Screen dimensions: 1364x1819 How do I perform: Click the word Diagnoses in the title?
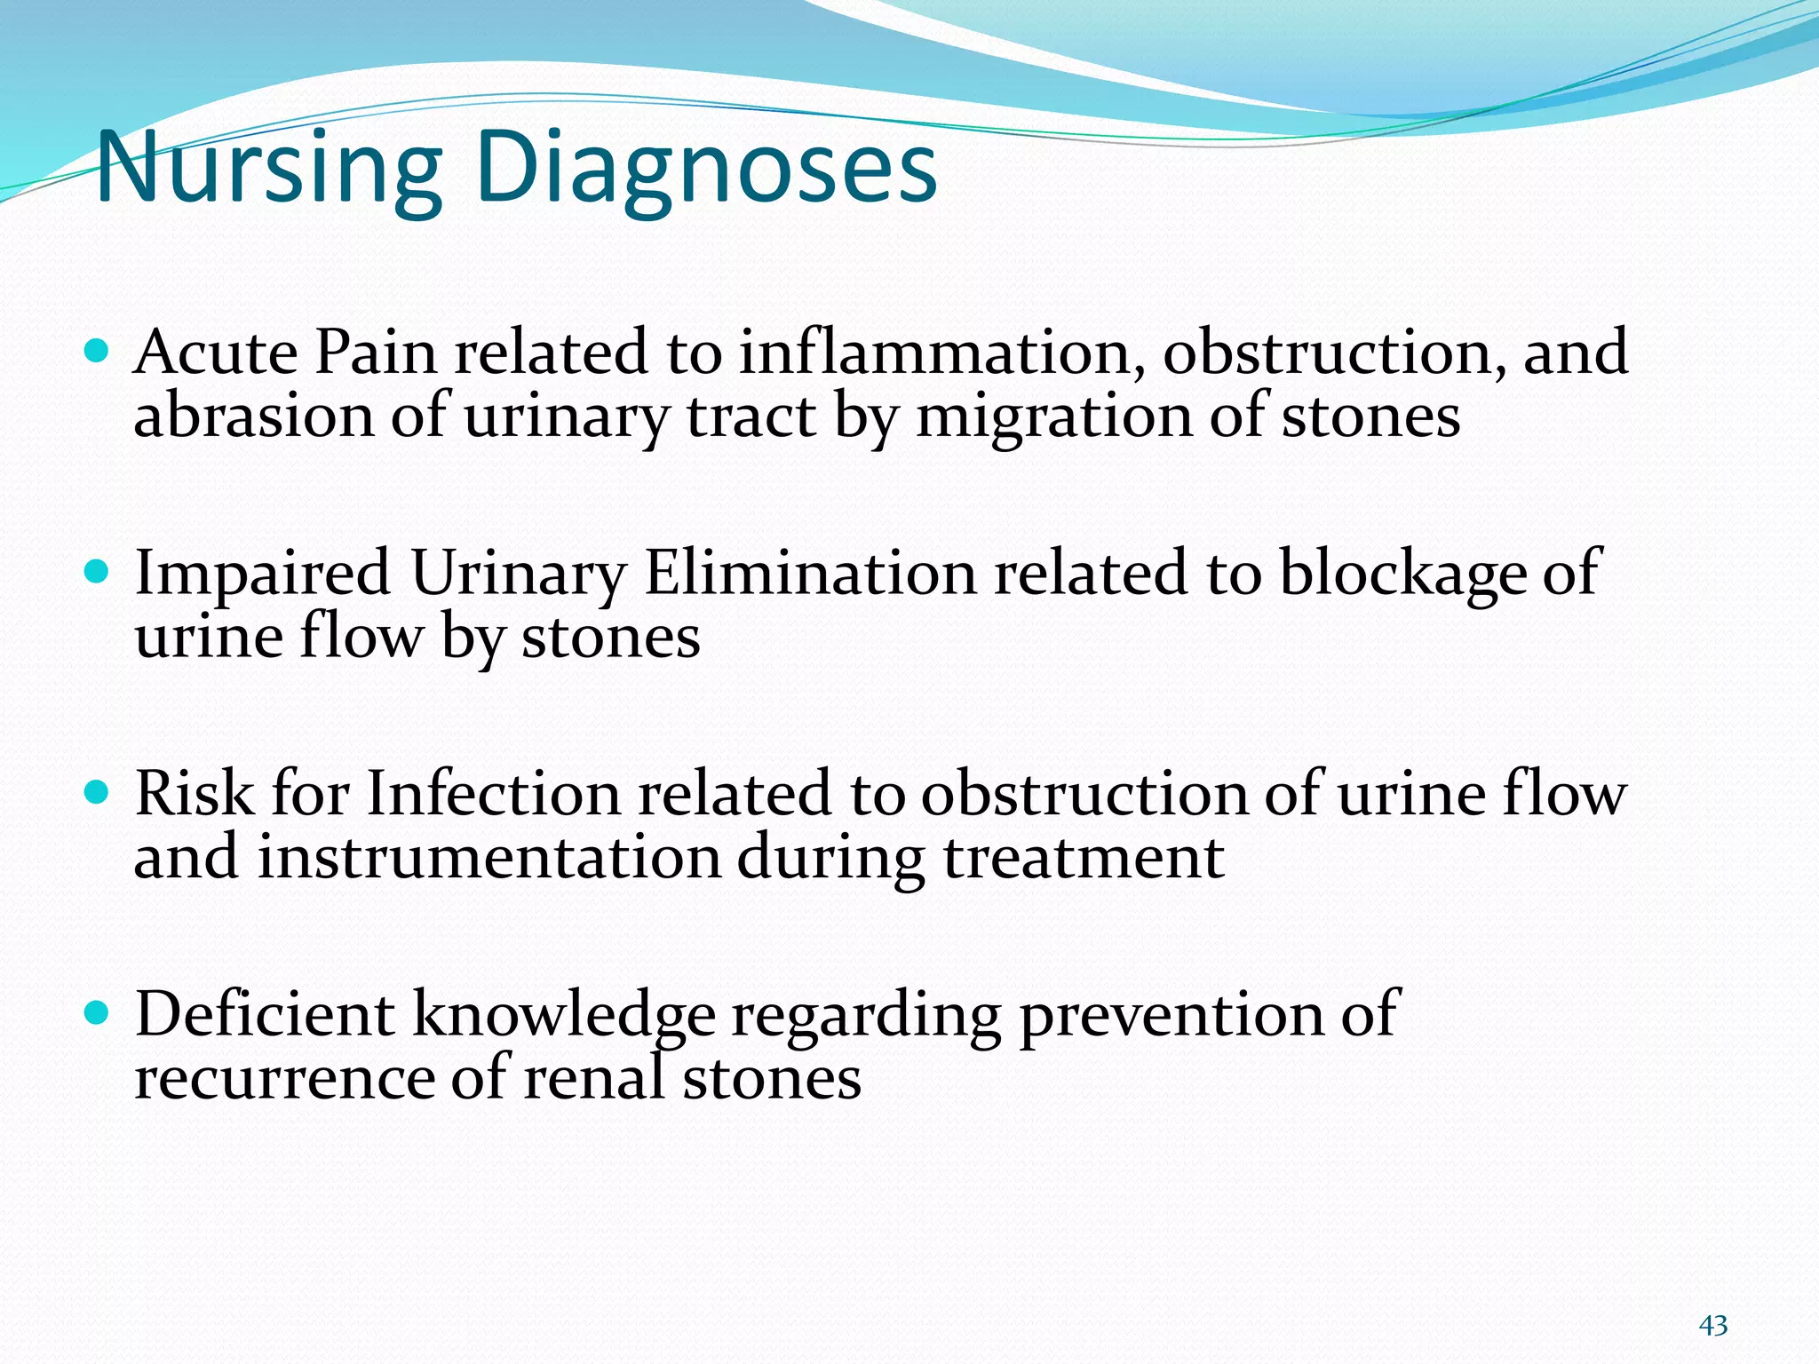pos(706,169)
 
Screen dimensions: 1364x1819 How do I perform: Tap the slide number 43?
pos(1712,1326)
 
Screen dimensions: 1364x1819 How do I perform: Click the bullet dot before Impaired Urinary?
pos(96,571)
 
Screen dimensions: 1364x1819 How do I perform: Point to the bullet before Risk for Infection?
pos(96,791)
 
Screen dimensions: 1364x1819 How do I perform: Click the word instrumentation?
pos(489,858)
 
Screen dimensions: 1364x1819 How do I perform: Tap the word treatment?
pos(1084,858)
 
